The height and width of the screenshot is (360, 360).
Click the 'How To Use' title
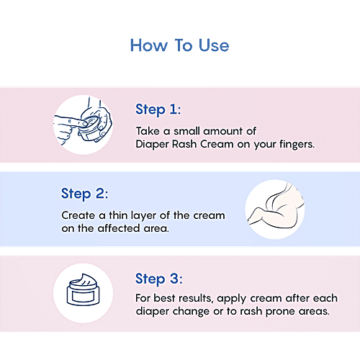(179, 45)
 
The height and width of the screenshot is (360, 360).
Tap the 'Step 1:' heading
(158, 110)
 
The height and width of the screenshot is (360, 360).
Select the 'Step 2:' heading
(84, 194)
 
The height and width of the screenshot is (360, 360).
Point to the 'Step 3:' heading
(159, 279)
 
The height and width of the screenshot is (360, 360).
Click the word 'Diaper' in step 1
(152, 145)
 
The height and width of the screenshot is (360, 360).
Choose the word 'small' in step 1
(186, 131)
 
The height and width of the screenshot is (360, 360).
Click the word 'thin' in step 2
(118, 215)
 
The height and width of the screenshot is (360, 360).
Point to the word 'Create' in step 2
(78, 215)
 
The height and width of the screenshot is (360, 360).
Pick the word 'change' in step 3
(191, 312)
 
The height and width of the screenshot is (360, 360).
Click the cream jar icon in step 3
(83, 289)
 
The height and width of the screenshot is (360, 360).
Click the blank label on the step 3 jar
(83, 297)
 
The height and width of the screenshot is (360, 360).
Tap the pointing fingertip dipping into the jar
(83, 123)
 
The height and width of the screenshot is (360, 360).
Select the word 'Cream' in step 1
(217, 145)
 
